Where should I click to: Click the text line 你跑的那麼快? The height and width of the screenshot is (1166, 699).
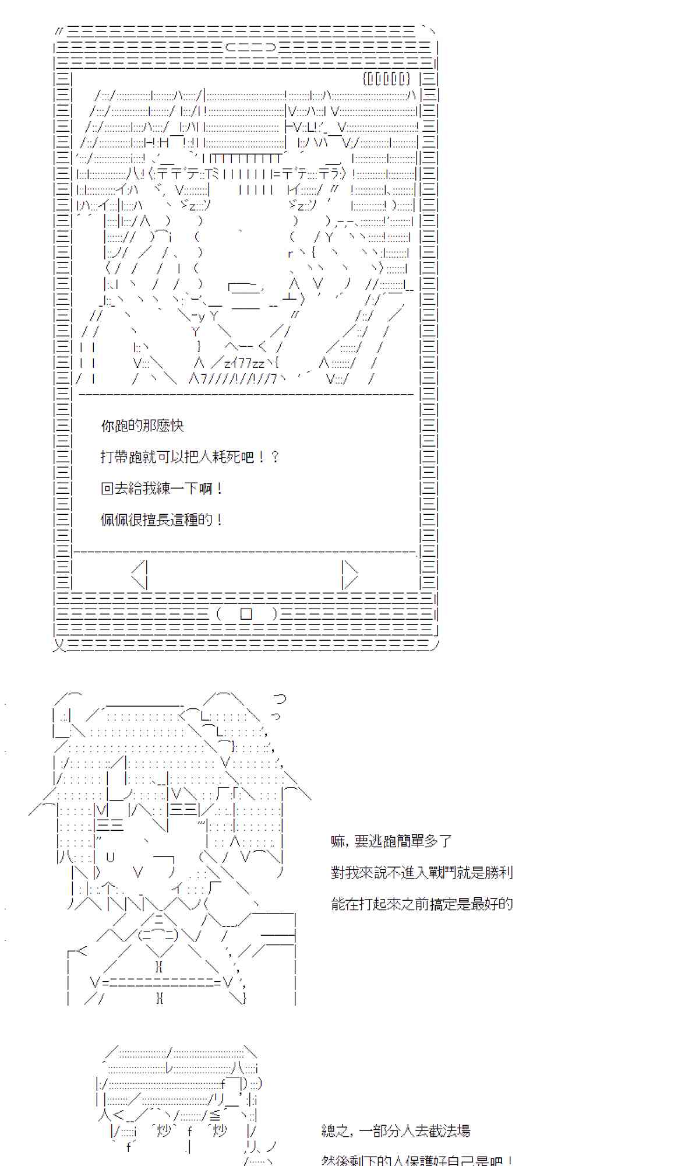coord(143,426)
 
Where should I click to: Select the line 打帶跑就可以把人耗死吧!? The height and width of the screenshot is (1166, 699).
coord(190,457)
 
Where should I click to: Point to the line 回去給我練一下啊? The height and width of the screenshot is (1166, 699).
coord(162,489)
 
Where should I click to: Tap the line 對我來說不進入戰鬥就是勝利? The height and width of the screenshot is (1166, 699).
coord(422,873)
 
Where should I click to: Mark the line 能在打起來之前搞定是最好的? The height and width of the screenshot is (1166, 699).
coord(422,904)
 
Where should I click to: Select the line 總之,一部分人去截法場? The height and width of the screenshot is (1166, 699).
coord(396,1132)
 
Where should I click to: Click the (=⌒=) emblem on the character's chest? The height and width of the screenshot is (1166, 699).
coord(158,935)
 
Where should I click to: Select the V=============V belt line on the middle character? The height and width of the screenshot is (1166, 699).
coord(162,982)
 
